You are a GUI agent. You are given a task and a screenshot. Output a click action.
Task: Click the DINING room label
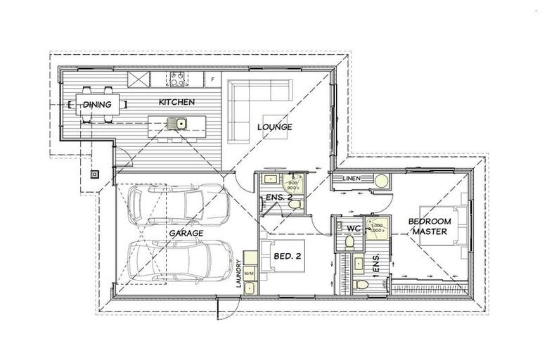coord(96,105)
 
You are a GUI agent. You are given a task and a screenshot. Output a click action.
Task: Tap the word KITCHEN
coord(176,103)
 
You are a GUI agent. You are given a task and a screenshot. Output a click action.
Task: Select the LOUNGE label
coord(274,127)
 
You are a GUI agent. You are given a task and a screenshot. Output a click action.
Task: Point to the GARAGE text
coord(186,233)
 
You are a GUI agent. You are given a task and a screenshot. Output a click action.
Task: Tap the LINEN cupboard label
coord(352,179)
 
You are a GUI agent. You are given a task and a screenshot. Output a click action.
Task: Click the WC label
coord(354,228)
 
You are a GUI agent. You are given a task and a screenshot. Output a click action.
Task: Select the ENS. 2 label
coord(278,198)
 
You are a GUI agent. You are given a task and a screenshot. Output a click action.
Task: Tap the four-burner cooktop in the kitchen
coord(176,77)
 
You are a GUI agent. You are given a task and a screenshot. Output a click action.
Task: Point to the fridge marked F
coord(212,79)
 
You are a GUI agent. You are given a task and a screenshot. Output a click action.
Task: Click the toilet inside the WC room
coord(349,243)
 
